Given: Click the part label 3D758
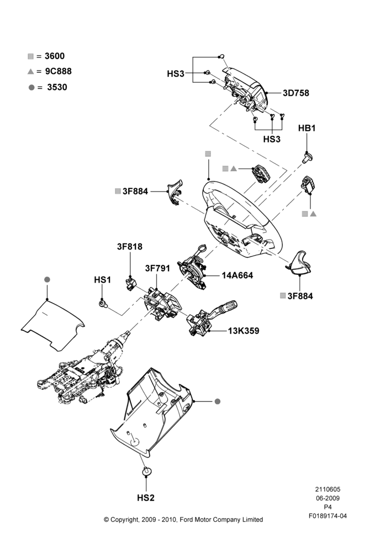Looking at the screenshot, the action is click(x=296, y=93).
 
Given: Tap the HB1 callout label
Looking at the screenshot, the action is click(x=307, y=128).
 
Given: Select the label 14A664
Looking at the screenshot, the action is click(x=237, y=275).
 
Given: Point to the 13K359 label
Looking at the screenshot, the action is click(x=244, y=331).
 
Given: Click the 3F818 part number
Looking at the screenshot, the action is click(x=130, y=247).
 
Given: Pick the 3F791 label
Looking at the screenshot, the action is click(x=157, y=268).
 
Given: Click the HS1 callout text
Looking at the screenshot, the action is click(x=103, y=280).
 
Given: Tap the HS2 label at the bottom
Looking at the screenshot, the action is click(x=146, y=498).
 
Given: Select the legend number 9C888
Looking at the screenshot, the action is click(x=59, y=71).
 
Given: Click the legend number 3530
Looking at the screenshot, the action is click(x=57, y=87).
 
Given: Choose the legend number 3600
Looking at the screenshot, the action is click(x=55, y=56).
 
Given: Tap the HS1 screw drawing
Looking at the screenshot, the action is click(x=103, y=304).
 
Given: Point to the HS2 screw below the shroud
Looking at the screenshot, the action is click(x=146, y=471).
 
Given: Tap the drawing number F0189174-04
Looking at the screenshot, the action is click(x=327, y=516).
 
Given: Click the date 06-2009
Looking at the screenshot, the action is click(x=327, y=498).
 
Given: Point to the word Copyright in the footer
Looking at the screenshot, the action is click(x=124, y=519).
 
